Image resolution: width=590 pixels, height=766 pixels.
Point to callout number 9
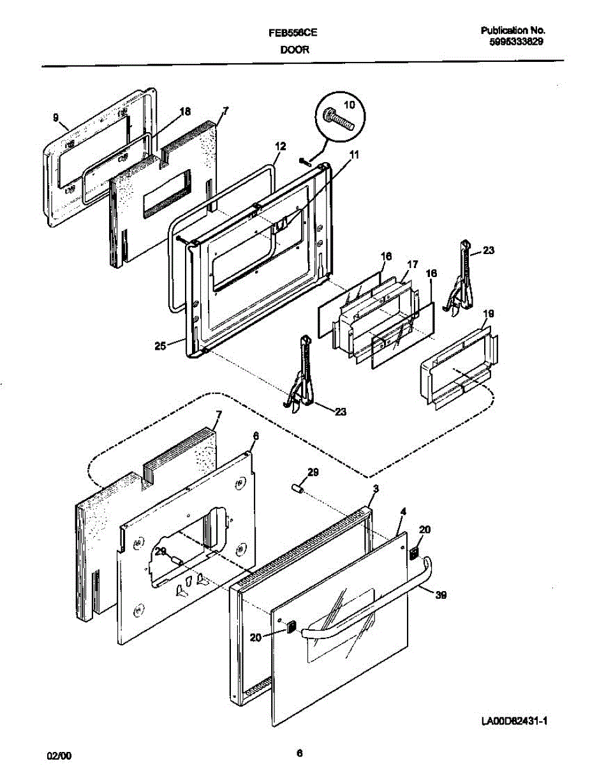coord(55,117)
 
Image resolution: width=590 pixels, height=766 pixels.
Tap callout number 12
coord(280,146)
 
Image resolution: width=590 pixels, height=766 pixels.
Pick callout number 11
coord(354,153)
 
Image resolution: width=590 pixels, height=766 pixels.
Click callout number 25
coord(160,345)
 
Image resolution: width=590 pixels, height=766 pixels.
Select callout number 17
coord(412,263)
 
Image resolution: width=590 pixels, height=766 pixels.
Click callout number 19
coord(489,313)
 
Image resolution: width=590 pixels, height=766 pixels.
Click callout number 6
coord(256,435)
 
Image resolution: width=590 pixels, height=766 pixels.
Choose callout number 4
coord(403,513)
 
